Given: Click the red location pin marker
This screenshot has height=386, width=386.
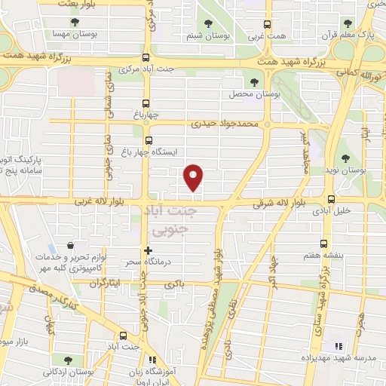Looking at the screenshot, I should (194, 176).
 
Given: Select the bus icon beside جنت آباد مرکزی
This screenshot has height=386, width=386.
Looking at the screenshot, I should (146, 58).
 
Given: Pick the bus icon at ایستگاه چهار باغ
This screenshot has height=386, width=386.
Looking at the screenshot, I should (148, 139).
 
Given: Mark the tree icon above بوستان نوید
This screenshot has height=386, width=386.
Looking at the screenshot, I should (345, 158).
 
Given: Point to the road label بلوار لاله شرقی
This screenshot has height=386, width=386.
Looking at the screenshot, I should (279, 202).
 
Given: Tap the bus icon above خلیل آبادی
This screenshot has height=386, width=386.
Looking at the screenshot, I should (331, 199).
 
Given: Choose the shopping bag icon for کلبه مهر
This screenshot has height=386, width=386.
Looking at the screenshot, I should (70, 246).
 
